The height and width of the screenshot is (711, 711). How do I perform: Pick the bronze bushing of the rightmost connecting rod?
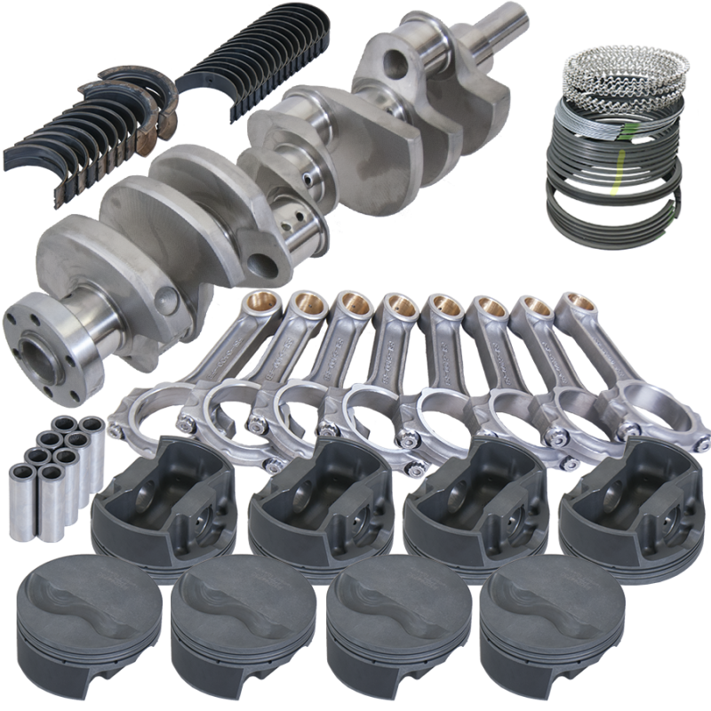click(x=573, y=308)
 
